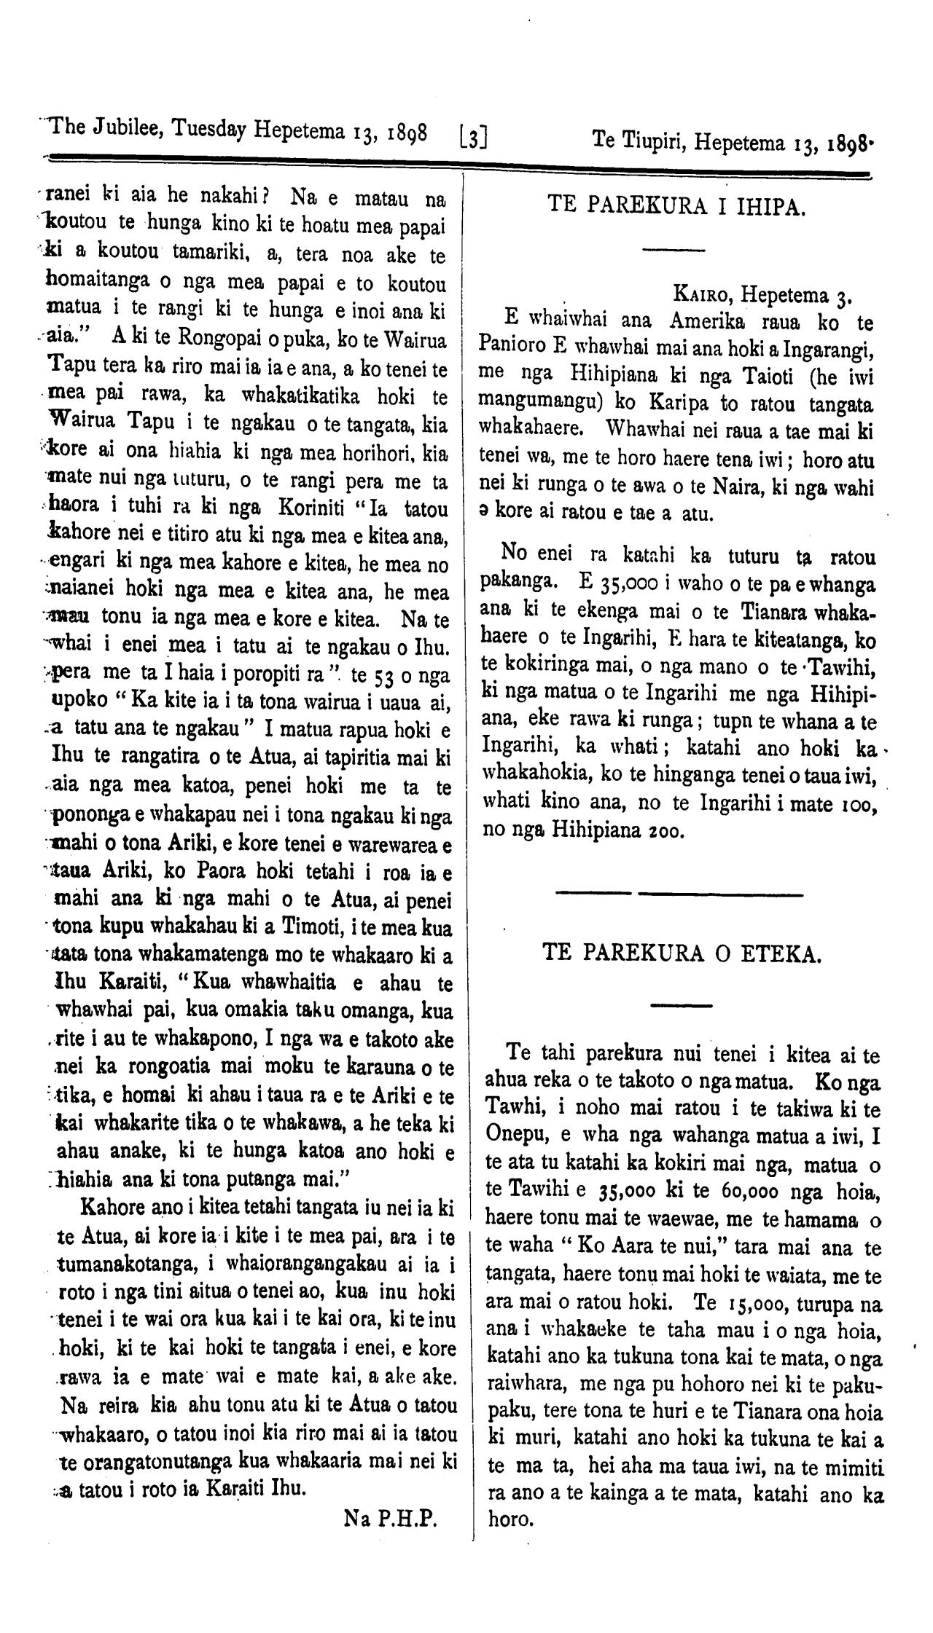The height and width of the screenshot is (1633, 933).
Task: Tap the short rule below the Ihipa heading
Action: click(x=674, y=251)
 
